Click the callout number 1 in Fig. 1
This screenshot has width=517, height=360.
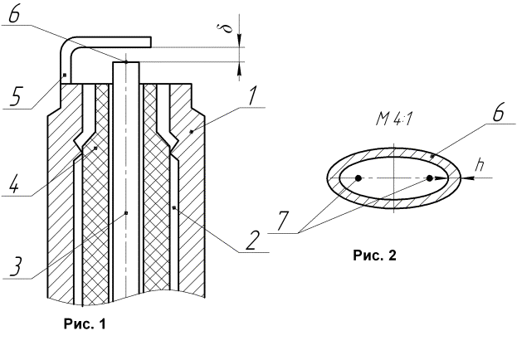[x=253, y=96]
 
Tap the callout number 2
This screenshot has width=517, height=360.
[x=251, y=241]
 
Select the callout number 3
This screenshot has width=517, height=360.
[x=16, y=266]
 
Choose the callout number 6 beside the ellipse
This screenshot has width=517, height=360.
[x=498, y=114]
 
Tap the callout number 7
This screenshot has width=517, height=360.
[x=283, y=221]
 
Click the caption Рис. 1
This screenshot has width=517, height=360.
[x=85, y=324]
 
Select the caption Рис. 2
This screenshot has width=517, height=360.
[x=374, y=255]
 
